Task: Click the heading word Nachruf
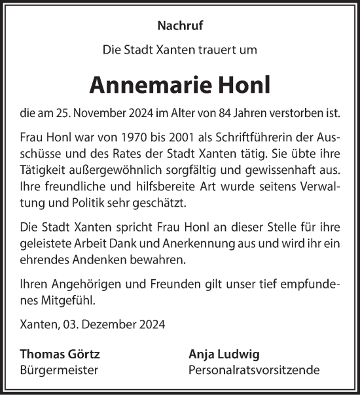[179, 27]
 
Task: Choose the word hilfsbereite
[137, 187]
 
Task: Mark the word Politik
[88, 203]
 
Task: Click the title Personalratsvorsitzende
[253, 370]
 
